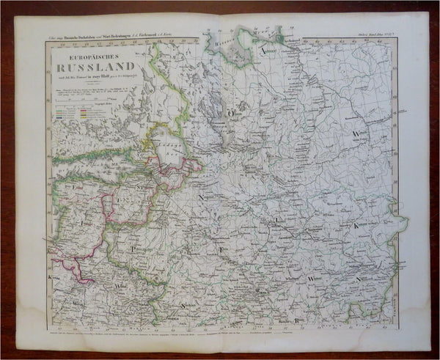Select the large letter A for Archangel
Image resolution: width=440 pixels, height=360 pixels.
pyautogui.click(x=262, y=50)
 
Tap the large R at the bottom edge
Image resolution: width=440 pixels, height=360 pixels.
pyautogui.click(x=297, y=320)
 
